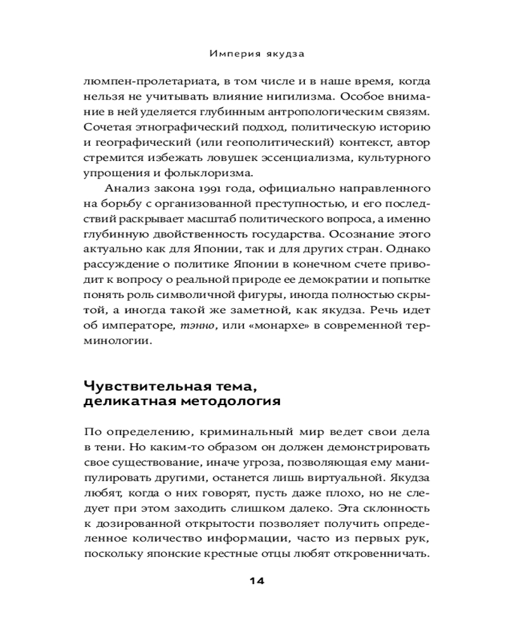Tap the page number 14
(256, 581)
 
